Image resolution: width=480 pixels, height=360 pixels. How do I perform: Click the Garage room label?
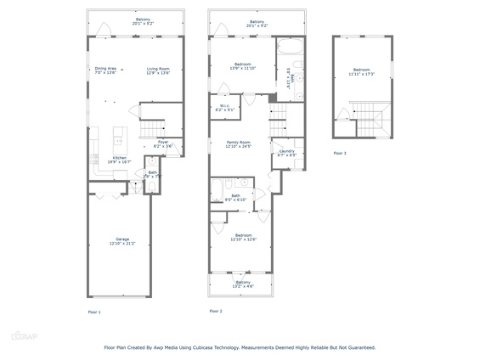pyautogui.click(x=122, y=240)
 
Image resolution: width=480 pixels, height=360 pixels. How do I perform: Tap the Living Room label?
pyautogui.click(x=158, y=70)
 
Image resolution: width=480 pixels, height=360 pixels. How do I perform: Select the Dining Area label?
pyautogui.click(x=105, y=70)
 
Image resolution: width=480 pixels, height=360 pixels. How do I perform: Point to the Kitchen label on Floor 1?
pyautogui.click(x=119, y=159)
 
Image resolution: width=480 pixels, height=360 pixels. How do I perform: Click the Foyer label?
pyautogui.click(x=162, y=143)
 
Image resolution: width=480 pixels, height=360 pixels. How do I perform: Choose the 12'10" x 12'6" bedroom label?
pyautogui.click(x=243, y=237)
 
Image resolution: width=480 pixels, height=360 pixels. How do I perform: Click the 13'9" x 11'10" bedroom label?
pyautogui.click(x=244, y=65)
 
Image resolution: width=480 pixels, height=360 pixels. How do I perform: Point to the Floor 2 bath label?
pyautogui.click(x=235, y=197)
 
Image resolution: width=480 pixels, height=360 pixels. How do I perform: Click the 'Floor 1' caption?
pyautogui.click(x=94, y=312)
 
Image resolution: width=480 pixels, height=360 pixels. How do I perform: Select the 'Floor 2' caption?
pyautogui.click(x=216, y=312)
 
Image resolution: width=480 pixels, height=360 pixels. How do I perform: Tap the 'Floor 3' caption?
pyautogui.click(x=340, y=153)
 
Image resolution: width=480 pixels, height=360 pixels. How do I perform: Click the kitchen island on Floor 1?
pyautogui.click(x=119, y=133)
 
